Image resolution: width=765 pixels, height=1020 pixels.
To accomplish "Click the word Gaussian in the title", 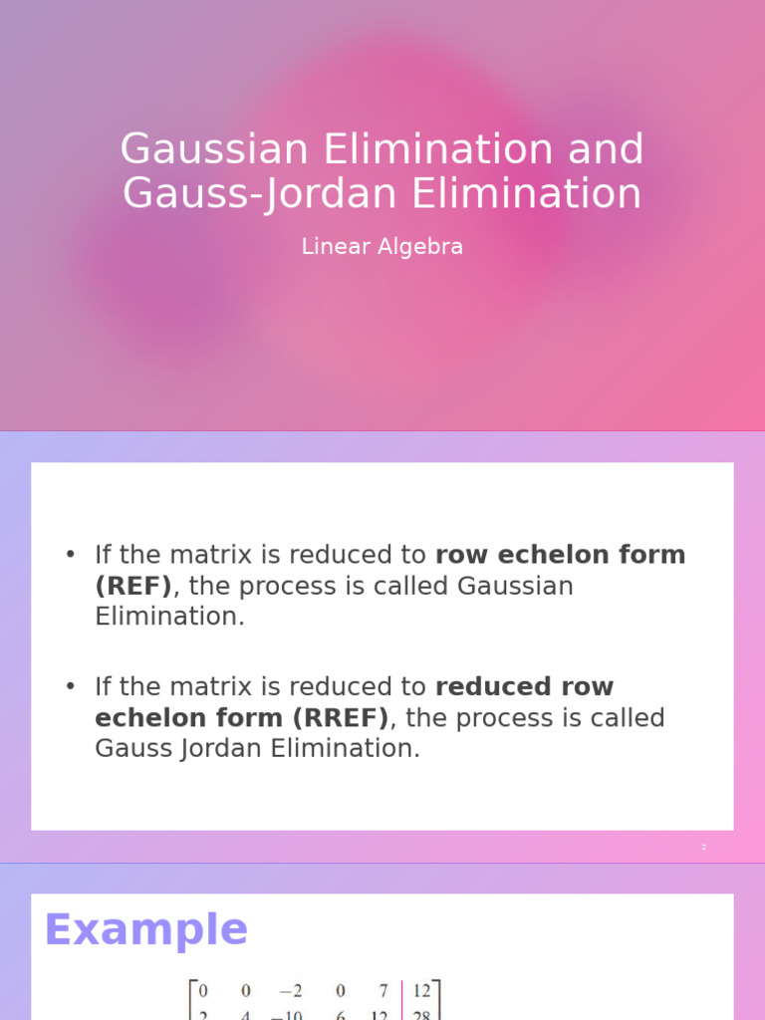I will pyautogui.click(x=214, y=150).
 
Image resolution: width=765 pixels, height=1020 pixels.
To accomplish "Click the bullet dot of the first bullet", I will pyautogui.click(x=70, y=555).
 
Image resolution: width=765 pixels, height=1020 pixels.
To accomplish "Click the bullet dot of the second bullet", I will pyautogui.click(x=70, y=687).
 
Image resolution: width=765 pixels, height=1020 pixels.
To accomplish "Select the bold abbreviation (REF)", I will pyautogui.click(x=133, y=586).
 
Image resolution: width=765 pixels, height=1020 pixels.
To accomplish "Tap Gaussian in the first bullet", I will pyautogui.click(x=515, y=586).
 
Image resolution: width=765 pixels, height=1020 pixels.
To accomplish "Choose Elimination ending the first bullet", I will pyautogui.click(x=168, y=617).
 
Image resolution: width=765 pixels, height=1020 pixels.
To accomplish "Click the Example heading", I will pyautogui.click(x=146, y=929).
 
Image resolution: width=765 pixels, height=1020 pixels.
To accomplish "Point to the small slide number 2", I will pyautogui.click(x=703, y=847).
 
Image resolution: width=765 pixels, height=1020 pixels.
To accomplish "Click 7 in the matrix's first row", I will pyautogui.click(x=383, y=990).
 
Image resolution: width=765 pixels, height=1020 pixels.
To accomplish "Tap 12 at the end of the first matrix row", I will pyautogui.click(x=422, y=990).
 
